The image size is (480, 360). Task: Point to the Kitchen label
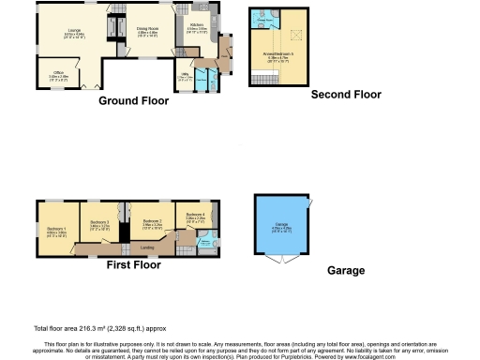[x=196, y=27]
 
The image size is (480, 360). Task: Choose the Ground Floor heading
[x=133, y=99]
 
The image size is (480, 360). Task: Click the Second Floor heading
[x=347, y=95]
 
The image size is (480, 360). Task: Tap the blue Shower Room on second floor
[x=265, y=19]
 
